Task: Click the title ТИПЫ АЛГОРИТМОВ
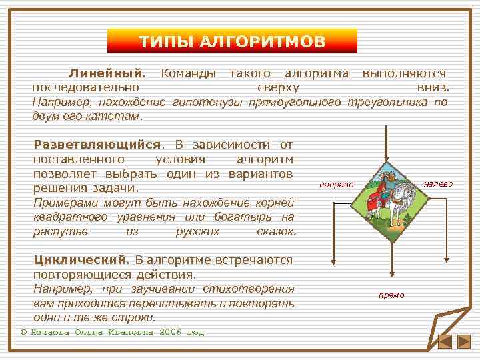point(232,42)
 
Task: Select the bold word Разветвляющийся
point(98,145)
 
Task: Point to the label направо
point(336,183)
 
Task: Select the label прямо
point(391,295)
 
